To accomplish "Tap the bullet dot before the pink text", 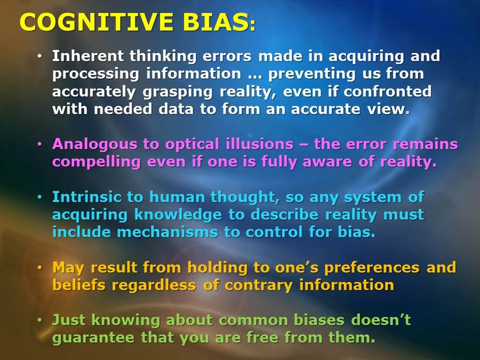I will [40, 144].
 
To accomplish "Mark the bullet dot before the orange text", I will [40, 268].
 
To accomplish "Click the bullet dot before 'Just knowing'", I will [40, 320].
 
